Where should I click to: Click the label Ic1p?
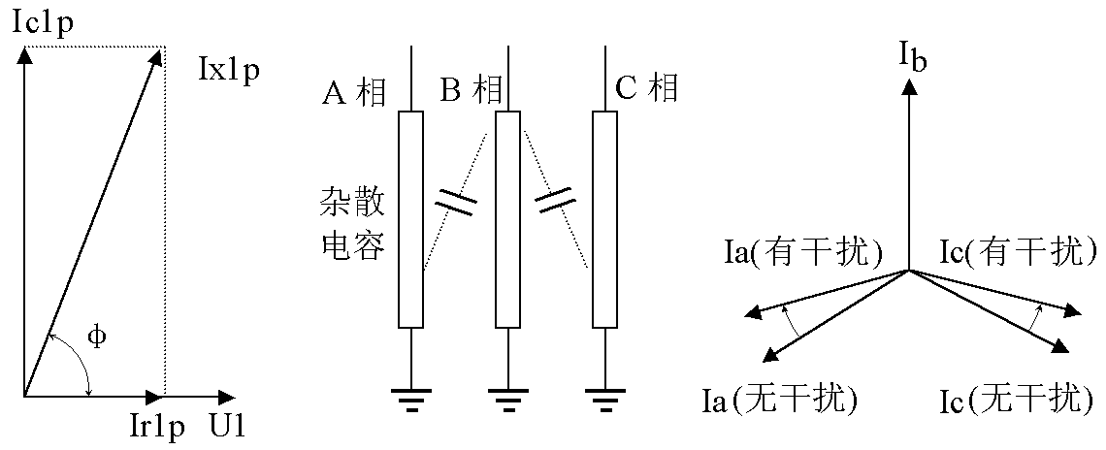(x=44, y=23)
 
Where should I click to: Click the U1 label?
(x=229, y=426)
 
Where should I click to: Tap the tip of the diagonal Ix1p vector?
(x=162, y=48)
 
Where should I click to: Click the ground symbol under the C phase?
(x=605, y=400)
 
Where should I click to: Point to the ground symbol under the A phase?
(x=411, y=400)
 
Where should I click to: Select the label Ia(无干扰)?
(x=783, y=400)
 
